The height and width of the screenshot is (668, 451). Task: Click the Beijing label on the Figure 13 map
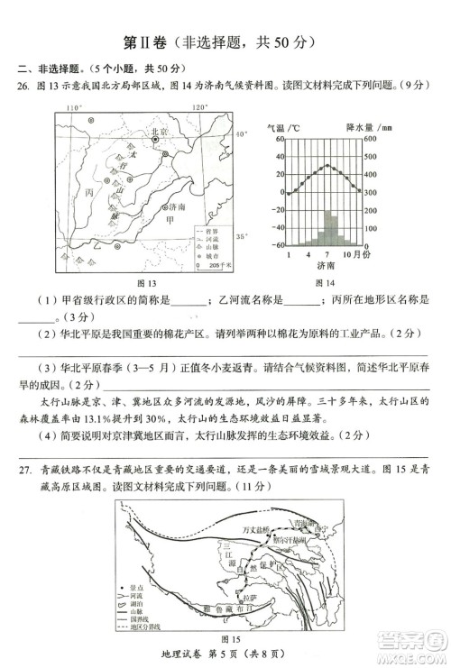click(159, 132)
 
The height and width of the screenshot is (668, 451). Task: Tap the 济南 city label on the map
click(181, 207)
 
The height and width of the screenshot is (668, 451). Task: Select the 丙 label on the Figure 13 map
click(87, 194)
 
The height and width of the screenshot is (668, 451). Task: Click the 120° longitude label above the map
click(200, 105)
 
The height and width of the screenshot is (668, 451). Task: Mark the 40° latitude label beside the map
click(240, 134)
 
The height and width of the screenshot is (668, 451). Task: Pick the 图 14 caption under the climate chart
click(325, 281)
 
